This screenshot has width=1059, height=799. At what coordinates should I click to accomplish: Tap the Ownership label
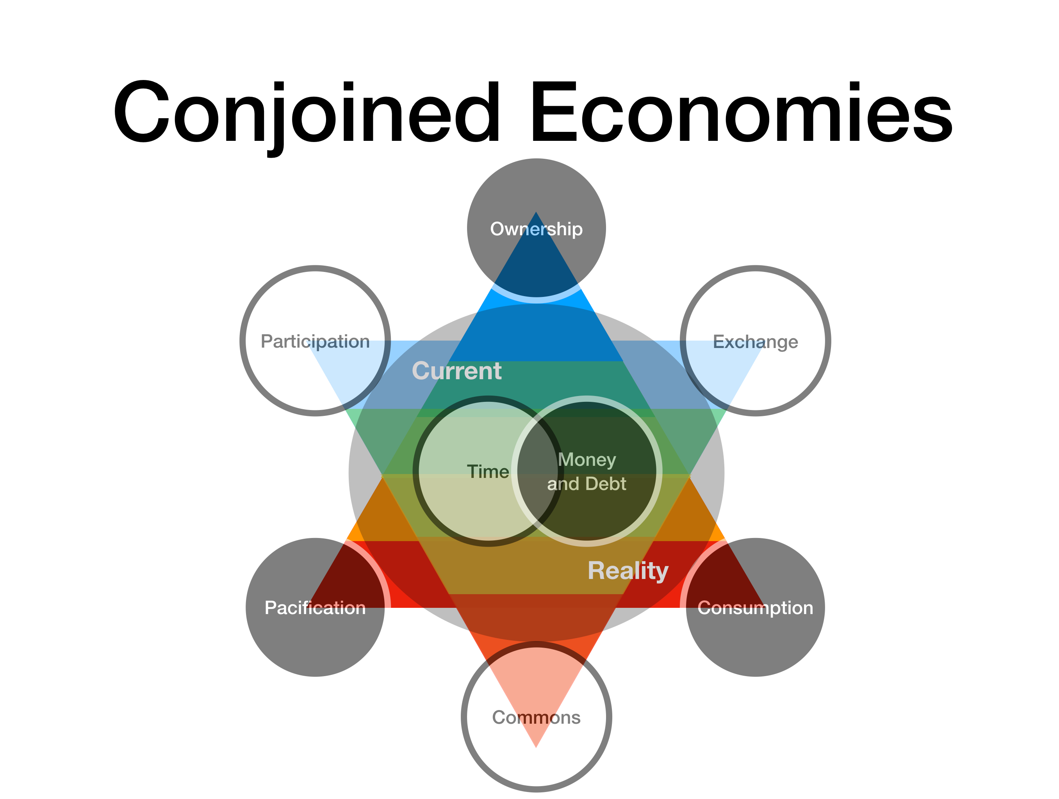(x=536, y=229)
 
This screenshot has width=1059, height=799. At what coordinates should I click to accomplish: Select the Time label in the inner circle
(x=488, y=472)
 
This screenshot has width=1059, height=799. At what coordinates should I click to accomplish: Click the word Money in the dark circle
(x=587, y=460)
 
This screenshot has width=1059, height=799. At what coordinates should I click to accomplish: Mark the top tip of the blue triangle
(x=536, y=212)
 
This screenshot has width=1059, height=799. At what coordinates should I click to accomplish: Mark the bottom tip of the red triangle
(x=536, y=748)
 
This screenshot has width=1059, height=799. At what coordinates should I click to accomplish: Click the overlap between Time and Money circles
(x=537, y=472)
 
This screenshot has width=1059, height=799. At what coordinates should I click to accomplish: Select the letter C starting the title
(x=141, y=112)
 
